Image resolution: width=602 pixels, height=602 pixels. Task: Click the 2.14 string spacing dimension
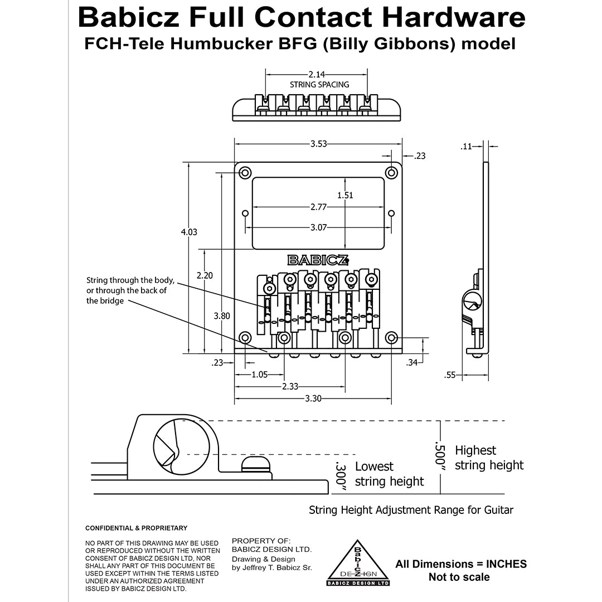click(317, 74)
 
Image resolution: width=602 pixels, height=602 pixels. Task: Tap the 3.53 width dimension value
click(318, 144)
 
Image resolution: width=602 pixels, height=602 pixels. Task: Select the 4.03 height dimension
click(189, 232)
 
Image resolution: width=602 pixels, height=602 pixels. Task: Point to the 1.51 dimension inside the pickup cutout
click(345, 195)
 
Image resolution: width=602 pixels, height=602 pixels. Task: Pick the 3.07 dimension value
click(318, 227)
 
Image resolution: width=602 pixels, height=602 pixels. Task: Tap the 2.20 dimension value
click(205, 275)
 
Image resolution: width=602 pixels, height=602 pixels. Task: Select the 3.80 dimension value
click(222, 315)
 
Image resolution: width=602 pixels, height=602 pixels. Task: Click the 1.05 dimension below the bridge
click(260, 375)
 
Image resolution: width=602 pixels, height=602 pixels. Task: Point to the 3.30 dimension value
click(312, 399)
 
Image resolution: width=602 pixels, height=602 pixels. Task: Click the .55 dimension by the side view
click(450, 375)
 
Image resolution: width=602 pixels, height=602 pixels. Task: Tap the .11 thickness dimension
click(466, 147)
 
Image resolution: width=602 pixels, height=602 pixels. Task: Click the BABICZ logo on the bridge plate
click(318, 260)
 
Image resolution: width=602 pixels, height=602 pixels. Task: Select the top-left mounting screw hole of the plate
click(244, 173)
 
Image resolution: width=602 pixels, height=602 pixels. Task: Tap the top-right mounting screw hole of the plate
click(392, 173)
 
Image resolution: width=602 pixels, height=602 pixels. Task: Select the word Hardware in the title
click(454, 18)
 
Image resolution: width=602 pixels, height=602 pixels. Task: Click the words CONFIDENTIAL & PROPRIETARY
click(136, 528)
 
